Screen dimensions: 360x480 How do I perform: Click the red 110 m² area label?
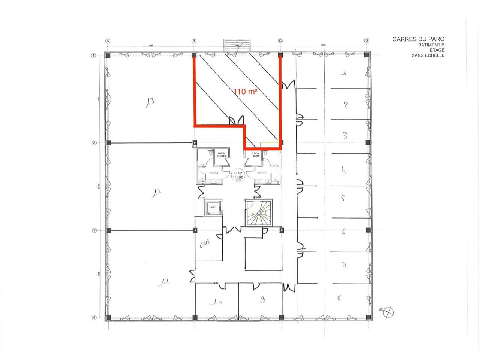(x=246, y=91)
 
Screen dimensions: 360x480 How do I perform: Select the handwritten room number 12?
(x=156, y=193)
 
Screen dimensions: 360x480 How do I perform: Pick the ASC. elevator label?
(x=213, y=207)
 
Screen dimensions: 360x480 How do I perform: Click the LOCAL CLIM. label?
(x=256, y=154)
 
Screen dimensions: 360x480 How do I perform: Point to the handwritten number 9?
(x=263, y=299)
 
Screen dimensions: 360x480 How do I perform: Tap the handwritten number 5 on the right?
(x=343, y=198)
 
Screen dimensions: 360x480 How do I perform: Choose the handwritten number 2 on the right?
(x=346, y=104)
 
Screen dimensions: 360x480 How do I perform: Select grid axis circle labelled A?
(x=108, y=40)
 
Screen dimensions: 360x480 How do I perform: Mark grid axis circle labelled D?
(x=367, y=40)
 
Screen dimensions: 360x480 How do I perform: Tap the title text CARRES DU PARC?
(x=418, y=39)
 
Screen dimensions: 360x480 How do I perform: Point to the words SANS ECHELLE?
(x=428, y=55)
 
